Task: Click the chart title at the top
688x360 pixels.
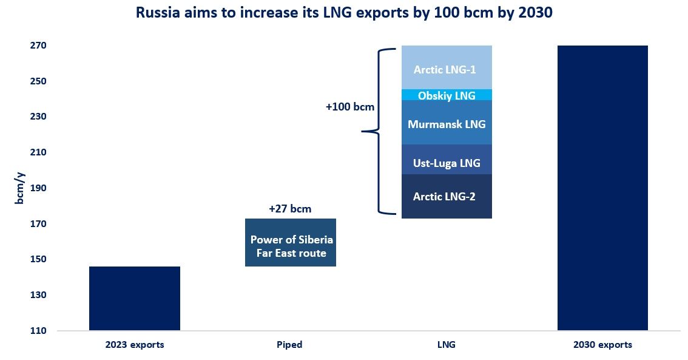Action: (x=344, y=13)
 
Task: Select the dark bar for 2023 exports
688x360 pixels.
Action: (x=135, y=298)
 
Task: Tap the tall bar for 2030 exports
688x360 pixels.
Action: (x=602, y=188)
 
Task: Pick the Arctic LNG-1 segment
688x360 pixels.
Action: (x=447, y=67)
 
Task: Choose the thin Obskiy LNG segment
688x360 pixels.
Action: (x=447, y=95)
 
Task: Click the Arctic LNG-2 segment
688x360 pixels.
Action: (x=447, y=196)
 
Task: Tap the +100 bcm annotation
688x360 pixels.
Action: (x=350, y=107)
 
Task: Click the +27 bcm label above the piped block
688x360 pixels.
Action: (x=290, y=209)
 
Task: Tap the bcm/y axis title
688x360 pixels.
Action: (x=19, y=188)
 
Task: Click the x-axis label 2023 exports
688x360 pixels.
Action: (x=135, y=345)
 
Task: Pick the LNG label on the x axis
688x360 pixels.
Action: (x=446, y=345)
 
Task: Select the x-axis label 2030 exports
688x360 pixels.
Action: (x=602, y=345)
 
